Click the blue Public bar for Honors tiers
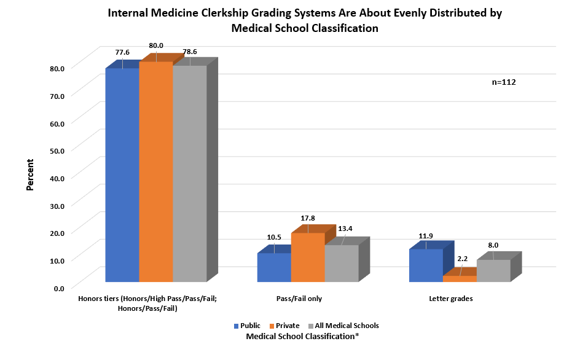[122, 175]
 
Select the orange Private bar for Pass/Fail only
[308, 258]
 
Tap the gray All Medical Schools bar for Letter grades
[493, 271]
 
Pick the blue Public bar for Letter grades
[426, 266]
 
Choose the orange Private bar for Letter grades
[460, 279]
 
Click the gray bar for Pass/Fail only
[342, 264]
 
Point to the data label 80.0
[156, 45]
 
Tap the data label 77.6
[122, 52]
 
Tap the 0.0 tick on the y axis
[58, 288]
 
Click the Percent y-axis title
[29, 175]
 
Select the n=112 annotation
[504, 82]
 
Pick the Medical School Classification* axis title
[302, 337]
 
